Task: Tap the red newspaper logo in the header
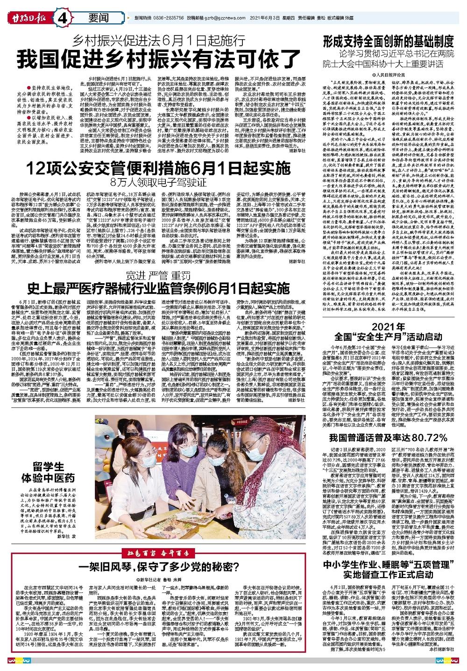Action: point(29,19)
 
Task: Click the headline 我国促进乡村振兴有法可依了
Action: point(159,58)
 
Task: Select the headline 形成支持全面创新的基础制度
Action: point(388,40)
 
